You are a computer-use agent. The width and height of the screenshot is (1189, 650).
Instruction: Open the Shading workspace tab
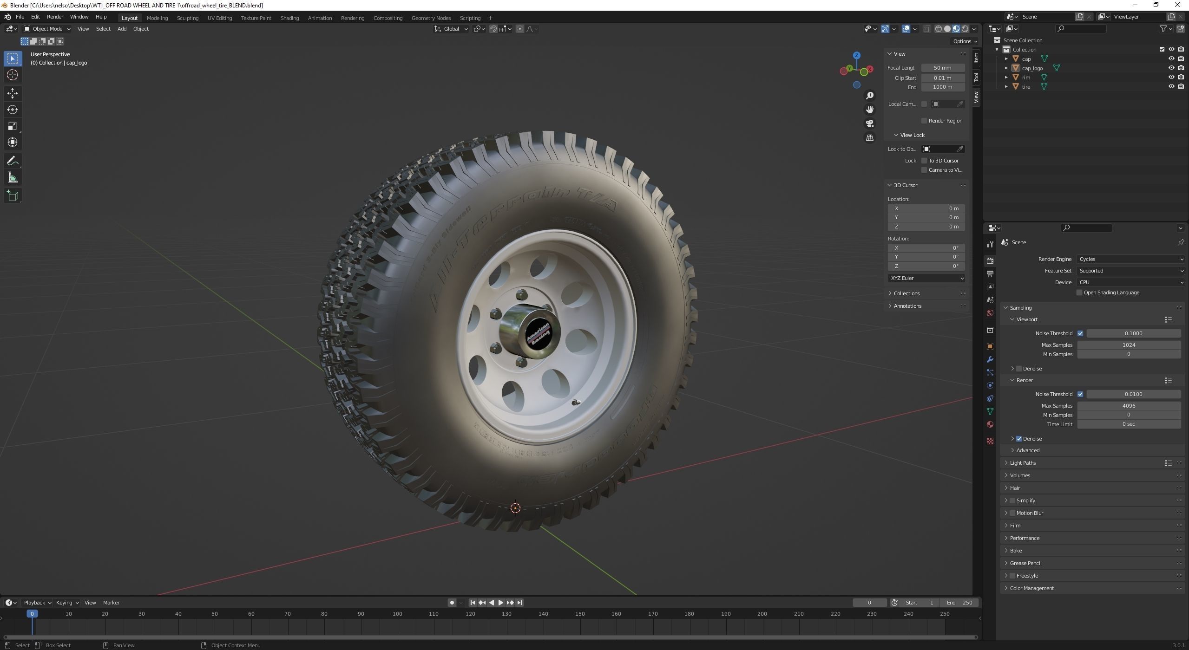tap(289, 18)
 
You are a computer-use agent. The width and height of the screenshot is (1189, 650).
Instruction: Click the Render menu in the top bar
tap(55, 17)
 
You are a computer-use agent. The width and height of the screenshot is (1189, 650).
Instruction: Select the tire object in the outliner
tap(1026, 87)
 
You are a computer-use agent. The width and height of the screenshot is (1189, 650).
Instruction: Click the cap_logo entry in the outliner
tap(1032, 68)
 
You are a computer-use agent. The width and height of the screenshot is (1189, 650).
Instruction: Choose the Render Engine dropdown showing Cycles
tap(1130, 259)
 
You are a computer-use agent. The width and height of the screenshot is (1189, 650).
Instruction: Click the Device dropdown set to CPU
tap(1130, 282)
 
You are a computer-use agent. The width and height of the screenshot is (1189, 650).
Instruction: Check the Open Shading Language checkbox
tap(1079, 293)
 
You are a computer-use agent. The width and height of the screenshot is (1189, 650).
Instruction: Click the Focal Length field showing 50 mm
tap(942, 68)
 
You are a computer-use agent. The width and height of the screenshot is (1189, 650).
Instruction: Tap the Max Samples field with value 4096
tap(1128, 406)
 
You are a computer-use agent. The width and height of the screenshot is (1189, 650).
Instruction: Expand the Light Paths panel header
tap(1023, 463)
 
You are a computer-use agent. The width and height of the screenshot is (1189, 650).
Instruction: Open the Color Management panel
tap(1031, 588)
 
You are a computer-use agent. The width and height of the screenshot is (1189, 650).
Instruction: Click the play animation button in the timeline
tap(500, 603)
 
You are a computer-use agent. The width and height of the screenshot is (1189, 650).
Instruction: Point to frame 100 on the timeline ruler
tap(397, 614)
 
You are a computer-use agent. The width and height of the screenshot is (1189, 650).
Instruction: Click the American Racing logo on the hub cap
tap(537, 334)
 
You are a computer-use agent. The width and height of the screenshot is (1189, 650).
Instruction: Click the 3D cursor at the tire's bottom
tap(515, 508)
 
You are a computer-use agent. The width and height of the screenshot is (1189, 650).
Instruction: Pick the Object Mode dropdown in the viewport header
tap(47, 29)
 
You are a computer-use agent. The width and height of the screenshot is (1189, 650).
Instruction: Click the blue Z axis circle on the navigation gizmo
tap(856, 55)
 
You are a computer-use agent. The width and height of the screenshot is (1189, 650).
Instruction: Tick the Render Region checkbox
tap(924, 121)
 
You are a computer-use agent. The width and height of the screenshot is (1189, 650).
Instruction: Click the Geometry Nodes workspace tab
tap(431, 18)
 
